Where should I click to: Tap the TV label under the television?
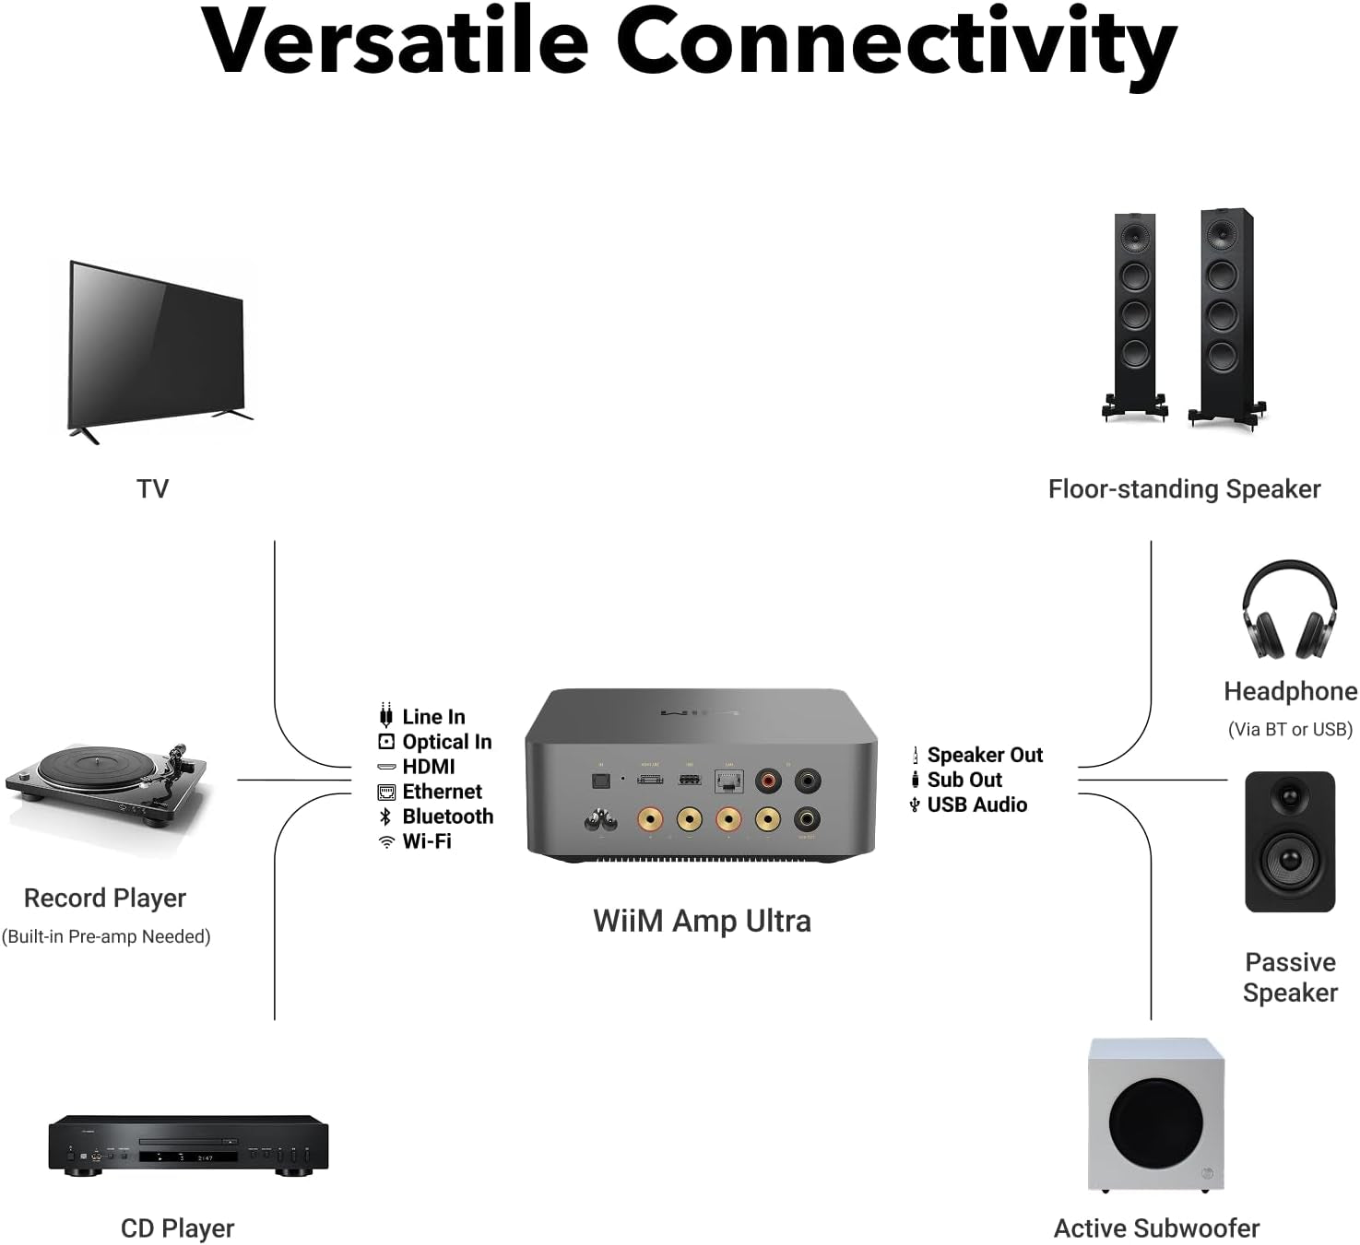(153, 488)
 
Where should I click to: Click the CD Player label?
(177, 1228)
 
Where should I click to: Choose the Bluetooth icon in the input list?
(385, 816)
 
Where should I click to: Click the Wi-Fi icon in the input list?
(386, 841)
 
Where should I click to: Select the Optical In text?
(446, 742)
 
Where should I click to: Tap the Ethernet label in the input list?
(442, 792)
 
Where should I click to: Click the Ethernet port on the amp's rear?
(728, 781)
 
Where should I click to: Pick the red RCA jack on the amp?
(767, 781)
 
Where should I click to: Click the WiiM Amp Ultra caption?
(702, 921)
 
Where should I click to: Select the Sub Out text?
(964, 780)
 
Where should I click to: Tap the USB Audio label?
(976, 805)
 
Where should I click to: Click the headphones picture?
(1289, 612)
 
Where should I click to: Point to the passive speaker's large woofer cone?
(1290, 861)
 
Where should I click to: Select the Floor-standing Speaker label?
(1184, 489)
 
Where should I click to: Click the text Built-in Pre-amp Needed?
(106, 936)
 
